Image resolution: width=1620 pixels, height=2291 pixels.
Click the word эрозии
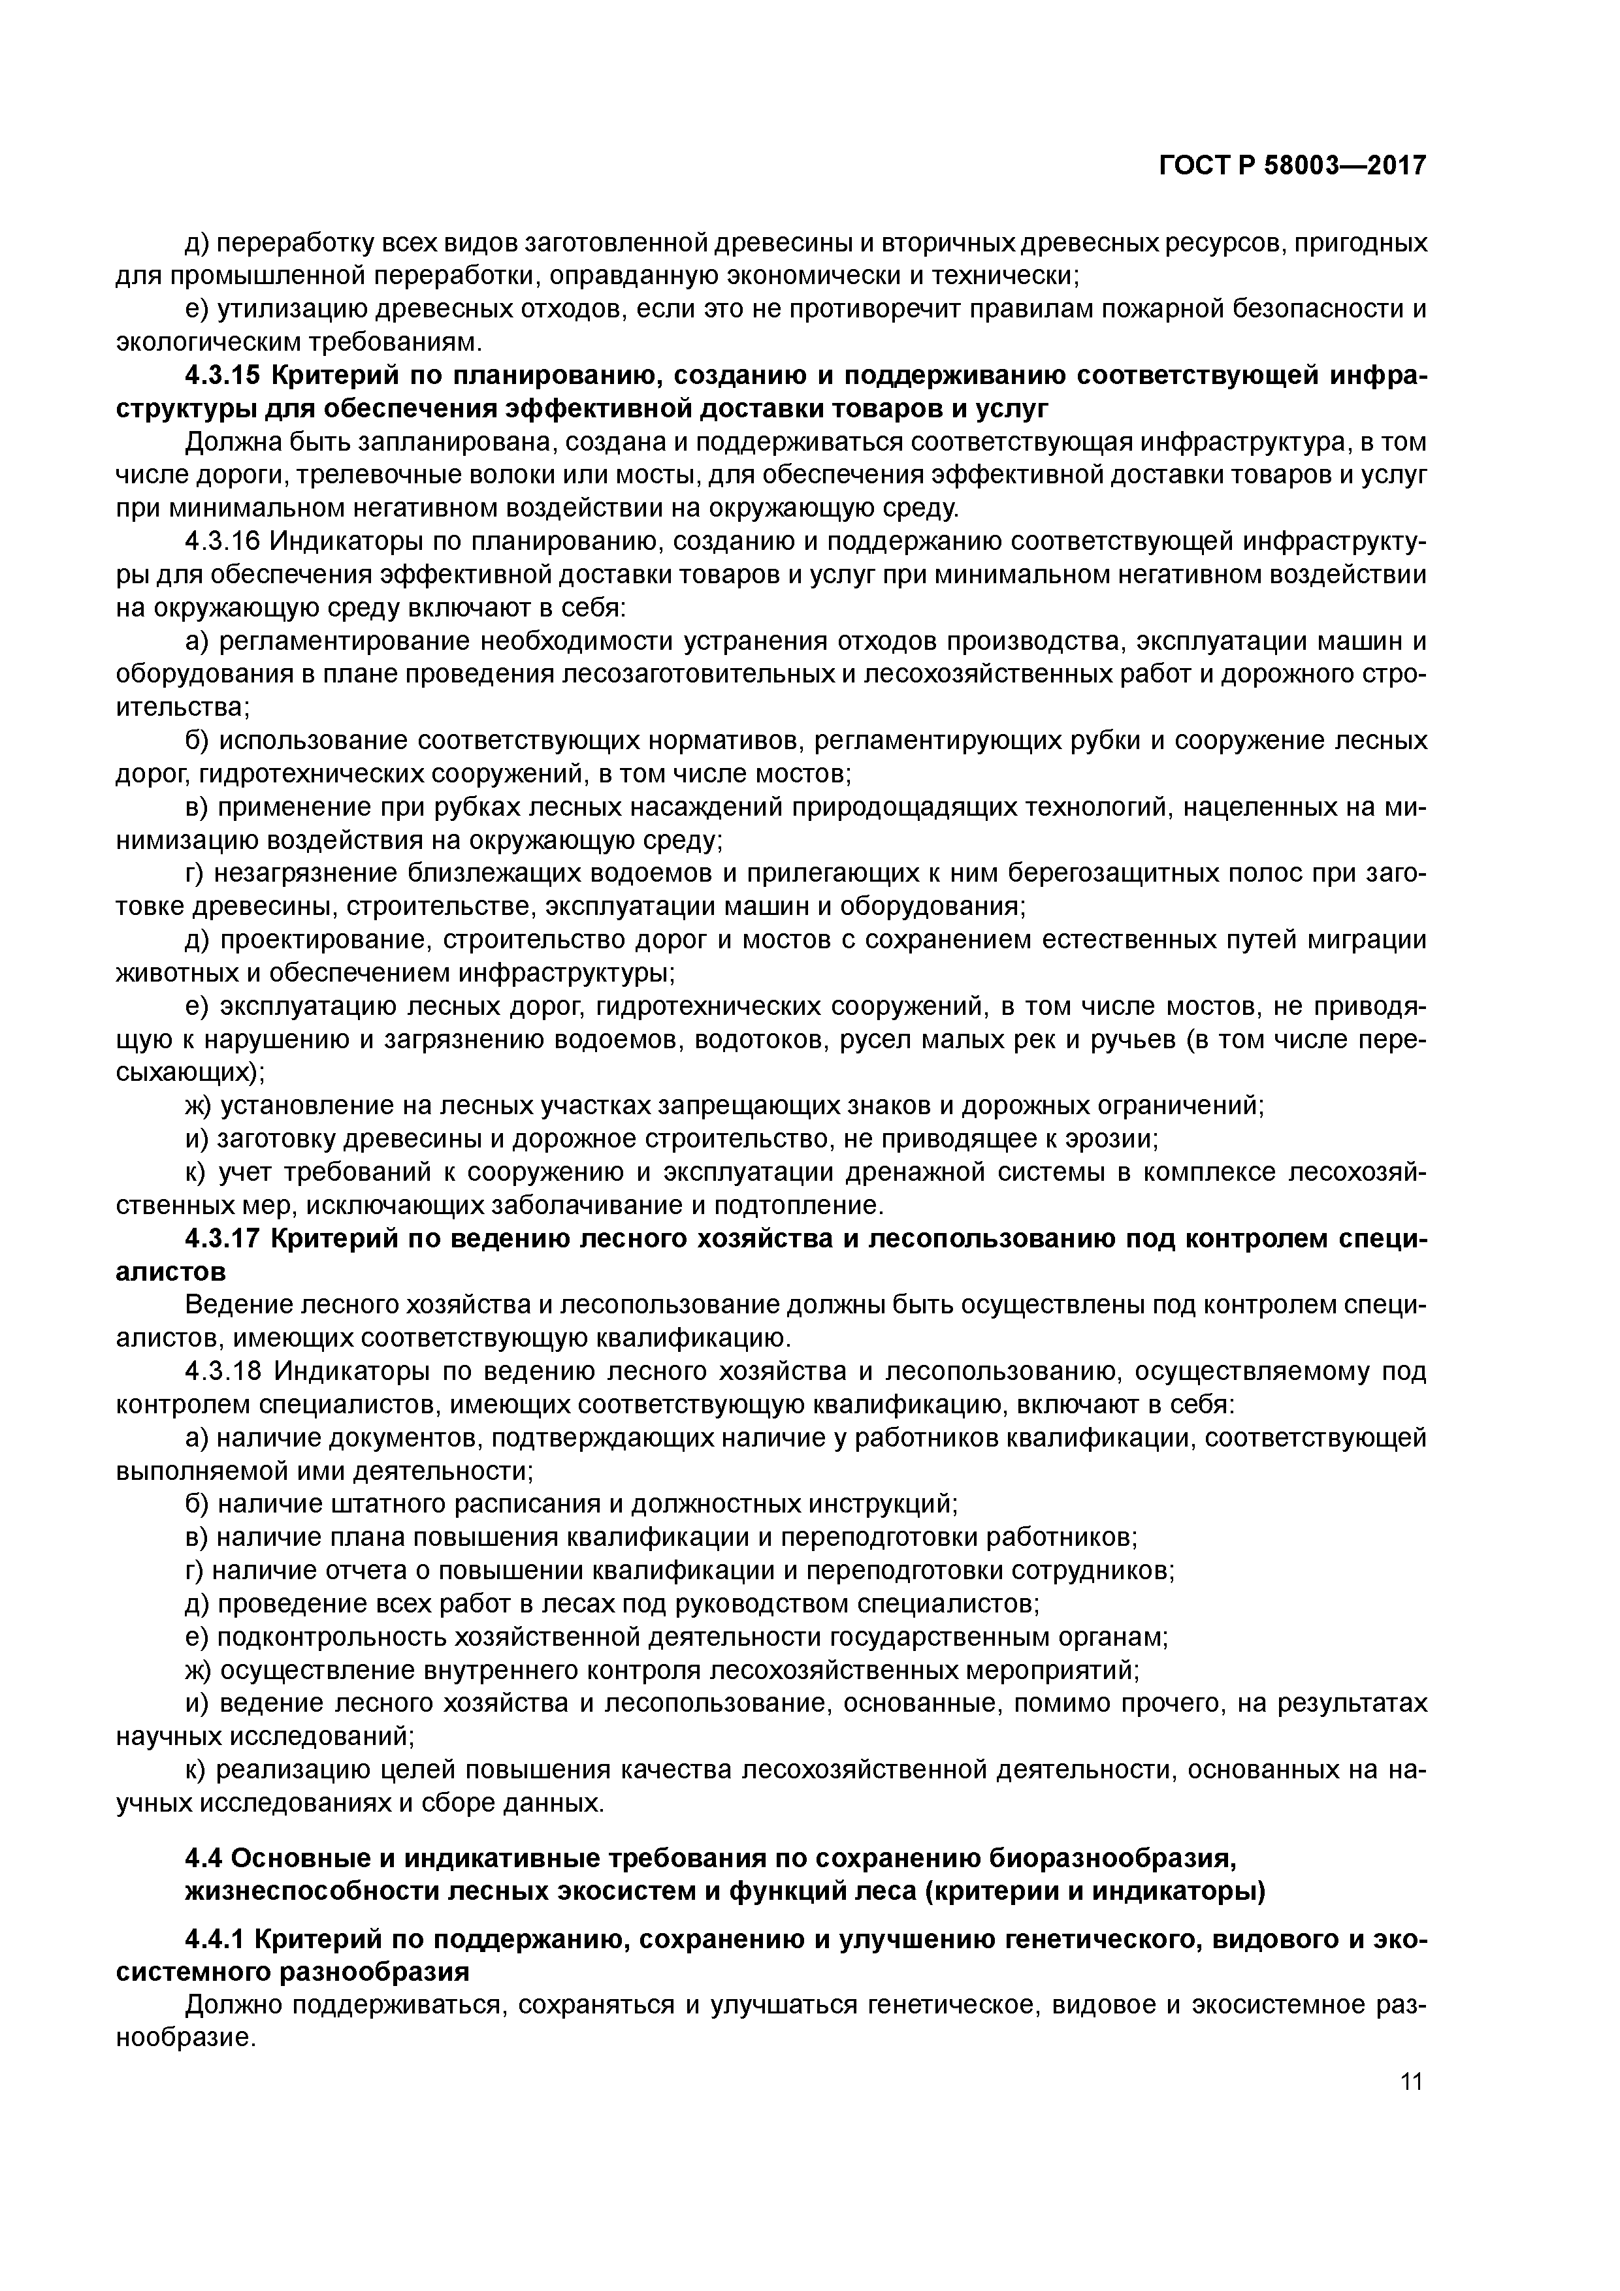pyautogui.click(x=1108, y=1140)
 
